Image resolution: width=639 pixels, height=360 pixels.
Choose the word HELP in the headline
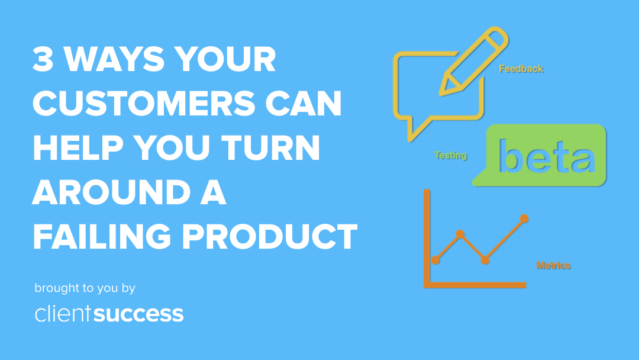click(x=79, y=149)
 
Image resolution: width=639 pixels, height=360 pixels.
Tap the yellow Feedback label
click(x=521, y=69)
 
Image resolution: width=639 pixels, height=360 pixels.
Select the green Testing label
click(x=451, y=156)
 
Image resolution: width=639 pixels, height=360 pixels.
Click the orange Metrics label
click(x=553, y=265)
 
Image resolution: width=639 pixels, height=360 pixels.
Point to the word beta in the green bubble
click(x=546, y=156)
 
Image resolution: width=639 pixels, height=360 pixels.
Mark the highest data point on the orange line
click(x=524, y=218)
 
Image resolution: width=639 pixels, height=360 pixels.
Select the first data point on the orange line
click(x=436, y=260)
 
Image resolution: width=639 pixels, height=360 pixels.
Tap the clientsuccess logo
click(x=109, y=313)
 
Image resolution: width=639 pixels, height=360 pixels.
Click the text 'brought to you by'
click(x=85, y=288)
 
